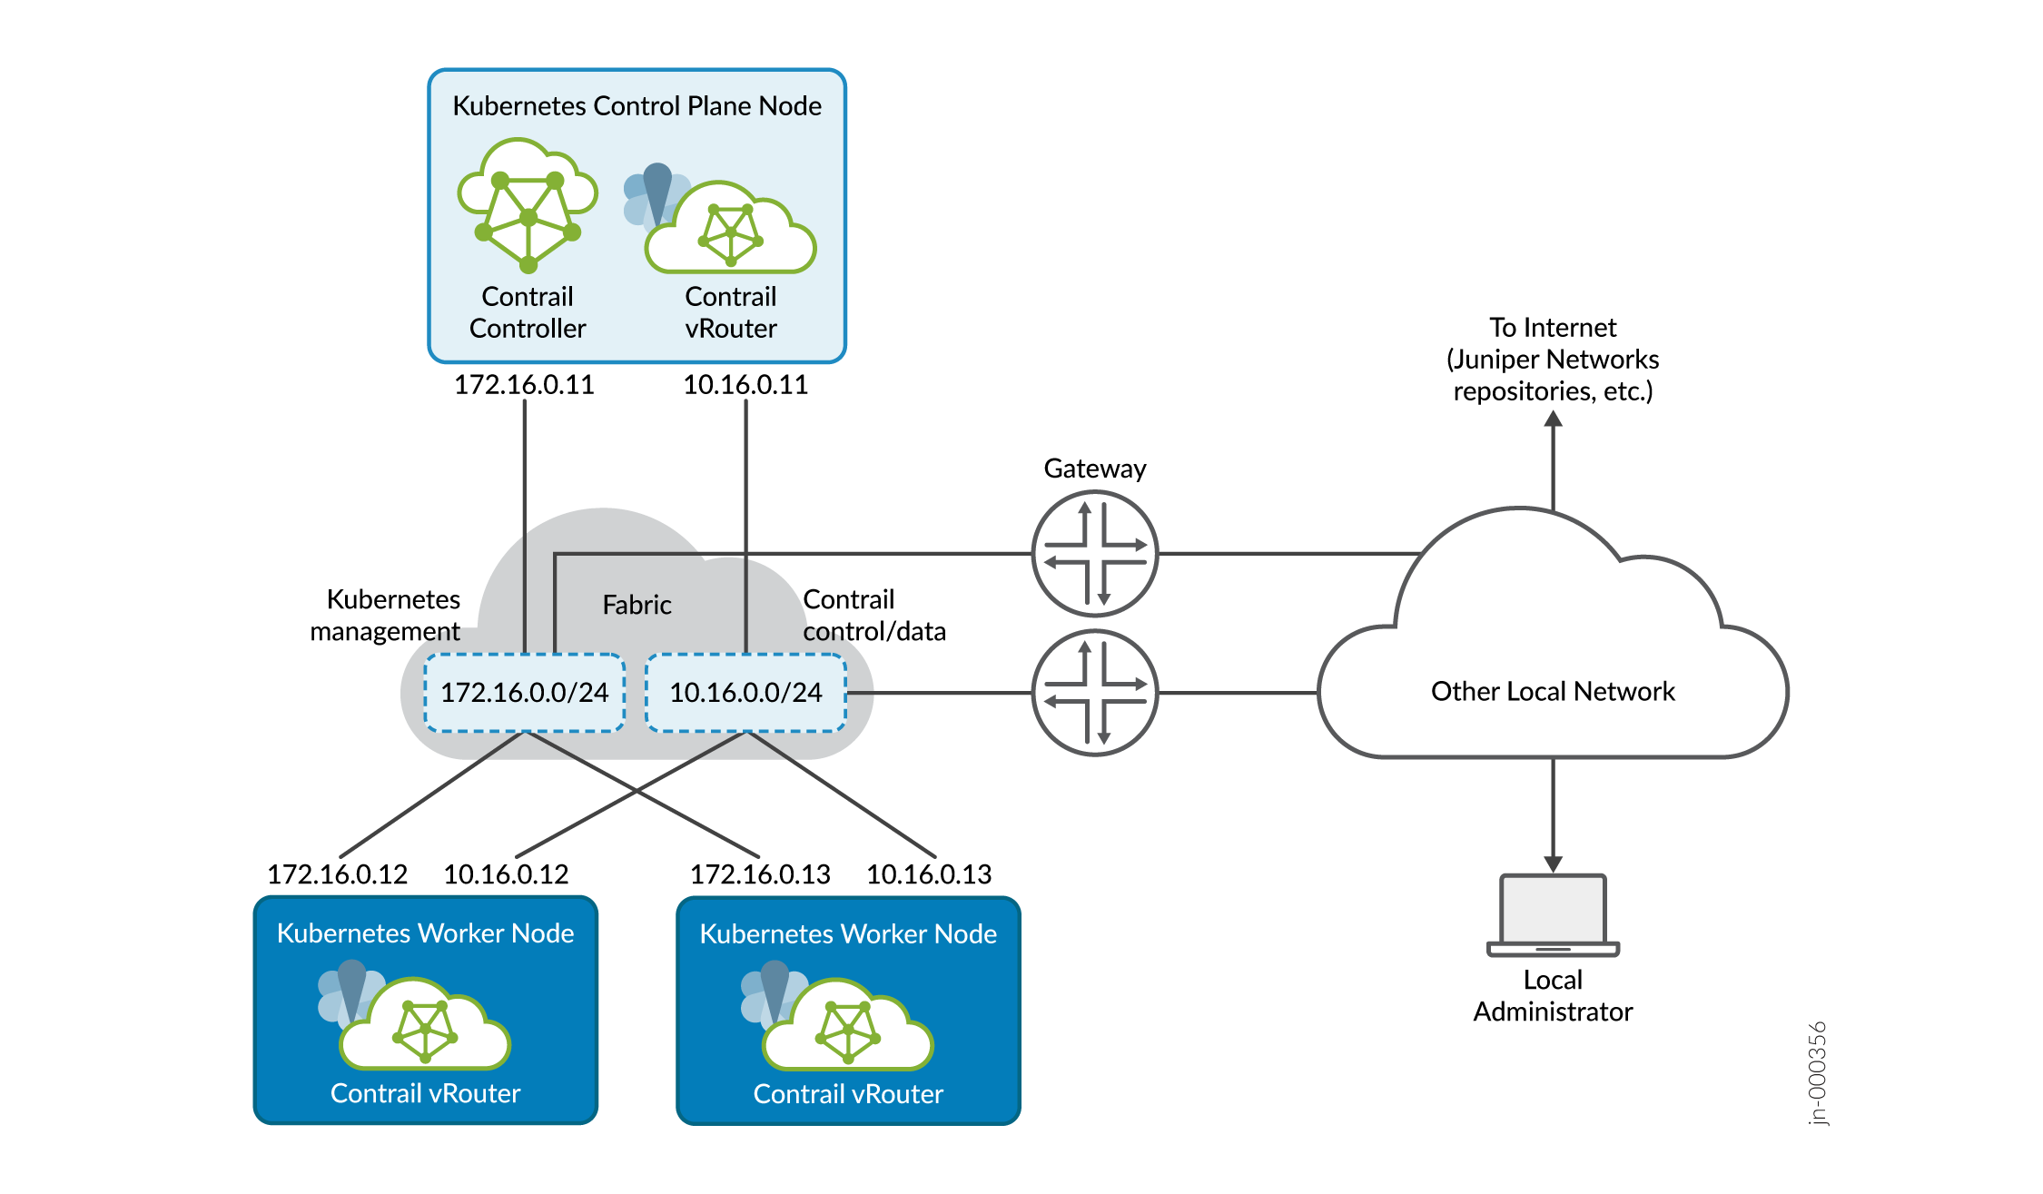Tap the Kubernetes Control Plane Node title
pos(637,106)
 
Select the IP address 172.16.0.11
pos(524,385)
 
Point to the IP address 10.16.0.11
pos(745,385)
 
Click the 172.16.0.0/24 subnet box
pos(524,693)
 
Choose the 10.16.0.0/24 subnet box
pos(745,693)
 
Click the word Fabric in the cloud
pos(637,606)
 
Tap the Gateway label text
pos(1094,469)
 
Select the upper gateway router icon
pos(1095,553)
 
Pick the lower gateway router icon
pos(1095,693)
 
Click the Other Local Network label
pos(1553,692)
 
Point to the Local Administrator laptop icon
pos(1553,915)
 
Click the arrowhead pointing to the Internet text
pos(1554,419)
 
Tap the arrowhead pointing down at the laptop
pos(1554,863)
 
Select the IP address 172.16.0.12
pos(337,874)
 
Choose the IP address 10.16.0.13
pos(929,874)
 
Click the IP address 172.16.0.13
pos(760,874)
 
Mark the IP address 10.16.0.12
pos(506,874)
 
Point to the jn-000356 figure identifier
pos(1817,1073)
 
